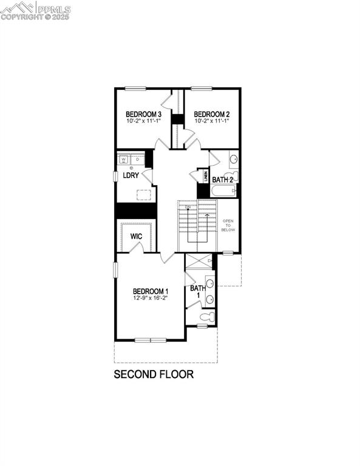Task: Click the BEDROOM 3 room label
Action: (143, 114)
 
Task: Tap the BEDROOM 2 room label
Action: (211, 114)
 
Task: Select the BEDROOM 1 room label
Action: (151, 291)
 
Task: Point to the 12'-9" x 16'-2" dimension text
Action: (151, 298)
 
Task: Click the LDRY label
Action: (131, 175)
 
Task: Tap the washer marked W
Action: (124, 160)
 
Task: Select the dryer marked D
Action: (137, 160)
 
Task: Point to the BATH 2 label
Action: (223, 180)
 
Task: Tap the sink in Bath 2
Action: (234, 161)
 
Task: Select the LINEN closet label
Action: (206, 177)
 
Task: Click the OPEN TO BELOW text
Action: (228, 226)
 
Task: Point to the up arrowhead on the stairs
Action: (207, 214)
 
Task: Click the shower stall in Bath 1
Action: (199, 262)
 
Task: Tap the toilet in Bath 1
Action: (206, 317)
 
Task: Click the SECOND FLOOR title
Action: (154, 374)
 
